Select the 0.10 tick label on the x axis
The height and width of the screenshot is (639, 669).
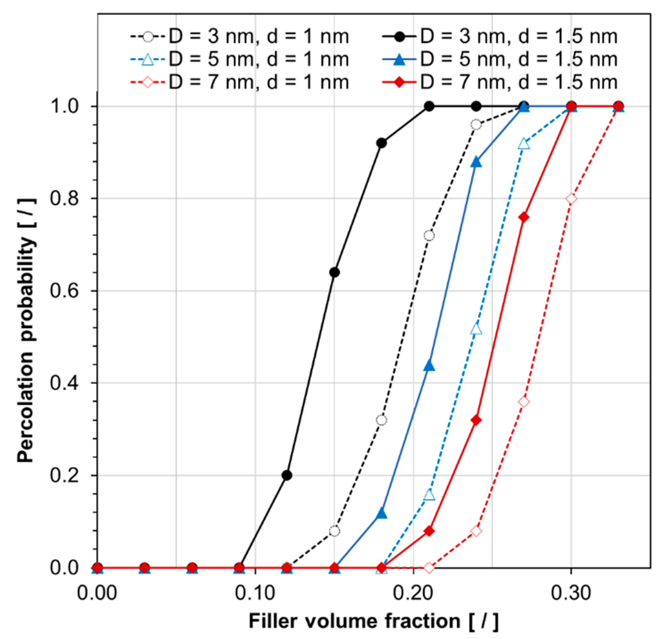pyautogui.click(x=255, y=593)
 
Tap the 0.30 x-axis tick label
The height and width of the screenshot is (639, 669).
pyautogui.click(x=571, y=593)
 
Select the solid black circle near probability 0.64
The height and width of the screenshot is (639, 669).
pyautogui.click(x=335, y=273)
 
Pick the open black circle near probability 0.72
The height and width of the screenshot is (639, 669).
pyautogui.click(x=429, y=236)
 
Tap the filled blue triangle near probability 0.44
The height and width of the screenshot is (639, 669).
pyautogui.click(x=430, y=366)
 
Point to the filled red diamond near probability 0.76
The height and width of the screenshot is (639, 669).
pyautogui.click(x=524, y=217)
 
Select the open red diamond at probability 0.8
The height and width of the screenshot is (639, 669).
pyautogui.click(x=571, y=199)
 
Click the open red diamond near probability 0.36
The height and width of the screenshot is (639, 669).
pyautogui.click(x=524, y=402)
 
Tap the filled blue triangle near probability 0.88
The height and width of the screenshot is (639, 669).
pyautogui.click(x=477, y=163)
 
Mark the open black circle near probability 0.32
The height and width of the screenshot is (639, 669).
pyautogui.click(x=382, y=420)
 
